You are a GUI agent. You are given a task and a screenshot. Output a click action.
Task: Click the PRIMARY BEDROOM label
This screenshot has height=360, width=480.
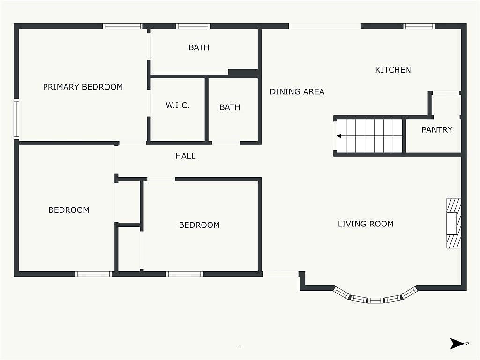(x=82, y=87)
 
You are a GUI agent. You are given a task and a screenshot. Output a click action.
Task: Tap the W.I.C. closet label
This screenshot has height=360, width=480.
(x=178, y=105)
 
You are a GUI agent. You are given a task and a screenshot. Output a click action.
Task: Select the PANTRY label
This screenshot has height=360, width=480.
(x=437, y=130)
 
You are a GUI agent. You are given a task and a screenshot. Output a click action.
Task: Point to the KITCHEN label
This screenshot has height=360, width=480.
(x=393, y=70)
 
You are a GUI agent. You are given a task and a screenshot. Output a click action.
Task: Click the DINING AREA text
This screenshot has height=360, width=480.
(x=297, y=91)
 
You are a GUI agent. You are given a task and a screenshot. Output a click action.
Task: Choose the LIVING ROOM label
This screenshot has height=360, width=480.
(x=366, y=224)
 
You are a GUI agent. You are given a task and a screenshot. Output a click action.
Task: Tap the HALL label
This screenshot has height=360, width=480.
(x=186, y=156)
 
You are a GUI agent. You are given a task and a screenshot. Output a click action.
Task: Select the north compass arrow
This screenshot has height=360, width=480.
(x=457, y=344)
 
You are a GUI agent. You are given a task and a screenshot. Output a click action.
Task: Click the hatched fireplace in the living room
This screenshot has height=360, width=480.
(x=454, y=223)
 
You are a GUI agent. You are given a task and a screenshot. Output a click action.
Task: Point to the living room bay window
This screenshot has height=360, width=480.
(x=375, y=297)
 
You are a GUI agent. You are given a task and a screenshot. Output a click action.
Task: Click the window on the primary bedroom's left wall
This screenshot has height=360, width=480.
(x=16, y=119)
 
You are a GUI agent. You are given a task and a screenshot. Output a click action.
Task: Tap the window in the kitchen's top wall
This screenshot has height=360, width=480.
(x=419, y=26)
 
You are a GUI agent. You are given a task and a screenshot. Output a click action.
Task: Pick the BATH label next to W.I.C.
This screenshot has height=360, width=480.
(x=230, y=107)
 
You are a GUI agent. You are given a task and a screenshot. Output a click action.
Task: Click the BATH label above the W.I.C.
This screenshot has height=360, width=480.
(x=199, y=47)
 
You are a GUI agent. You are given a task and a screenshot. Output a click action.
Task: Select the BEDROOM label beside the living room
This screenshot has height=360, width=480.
(x=199, y=225)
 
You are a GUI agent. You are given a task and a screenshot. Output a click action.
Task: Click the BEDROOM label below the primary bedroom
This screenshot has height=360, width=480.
(x=69, y=210)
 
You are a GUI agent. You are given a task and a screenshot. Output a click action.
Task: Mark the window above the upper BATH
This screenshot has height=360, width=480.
(x=193, y=26)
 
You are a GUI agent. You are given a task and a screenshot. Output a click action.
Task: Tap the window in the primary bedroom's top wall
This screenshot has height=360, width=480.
(x=122, y=26)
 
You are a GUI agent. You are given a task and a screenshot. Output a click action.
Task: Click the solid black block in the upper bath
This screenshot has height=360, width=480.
(x=243, y=73)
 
